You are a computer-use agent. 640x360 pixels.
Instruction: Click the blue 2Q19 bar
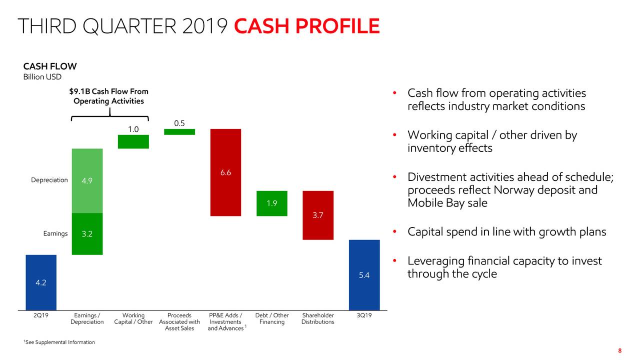coord(41,282)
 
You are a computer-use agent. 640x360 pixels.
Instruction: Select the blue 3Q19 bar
coord(364,275)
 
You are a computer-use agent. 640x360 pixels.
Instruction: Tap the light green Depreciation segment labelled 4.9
coord(87,181)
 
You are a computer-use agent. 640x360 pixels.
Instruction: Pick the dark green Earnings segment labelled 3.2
coord(87,234)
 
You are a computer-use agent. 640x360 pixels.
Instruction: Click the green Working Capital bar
coord(133,141)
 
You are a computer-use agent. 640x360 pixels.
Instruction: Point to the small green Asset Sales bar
coord(179,131)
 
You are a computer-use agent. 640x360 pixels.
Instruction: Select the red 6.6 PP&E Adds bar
coord(225,172)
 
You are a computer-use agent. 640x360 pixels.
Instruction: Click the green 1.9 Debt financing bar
coord(272,203)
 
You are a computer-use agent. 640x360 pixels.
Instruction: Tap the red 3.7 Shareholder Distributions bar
coord(318,215)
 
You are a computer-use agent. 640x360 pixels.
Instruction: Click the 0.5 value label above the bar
coord(179,123)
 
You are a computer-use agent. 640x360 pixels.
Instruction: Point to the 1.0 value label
coord(133,129)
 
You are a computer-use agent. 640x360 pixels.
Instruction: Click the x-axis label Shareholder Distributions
coord(318,318)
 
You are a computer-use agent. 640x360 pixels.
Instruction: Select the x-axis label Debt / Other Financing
coord(272,318)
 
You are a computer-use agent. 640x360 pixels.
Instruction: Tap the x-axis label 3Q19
coord(364,315)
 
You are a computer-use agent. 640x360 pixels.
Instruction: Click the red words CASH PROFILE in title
coord(307,26)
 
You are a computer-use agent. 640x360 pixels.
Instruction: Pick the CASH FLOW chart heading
coord(50,66)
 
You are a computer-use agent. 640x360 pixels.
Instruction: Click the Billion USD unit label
coord(42,77)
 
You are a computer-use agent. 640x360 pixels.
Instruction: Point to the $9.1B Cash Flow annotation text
coord(109,96)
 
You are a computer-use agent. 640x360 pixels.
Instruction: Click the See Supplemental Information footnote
coord(59,342)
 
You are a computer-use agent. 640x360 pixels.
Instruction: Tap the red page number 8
coord(619,350)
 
